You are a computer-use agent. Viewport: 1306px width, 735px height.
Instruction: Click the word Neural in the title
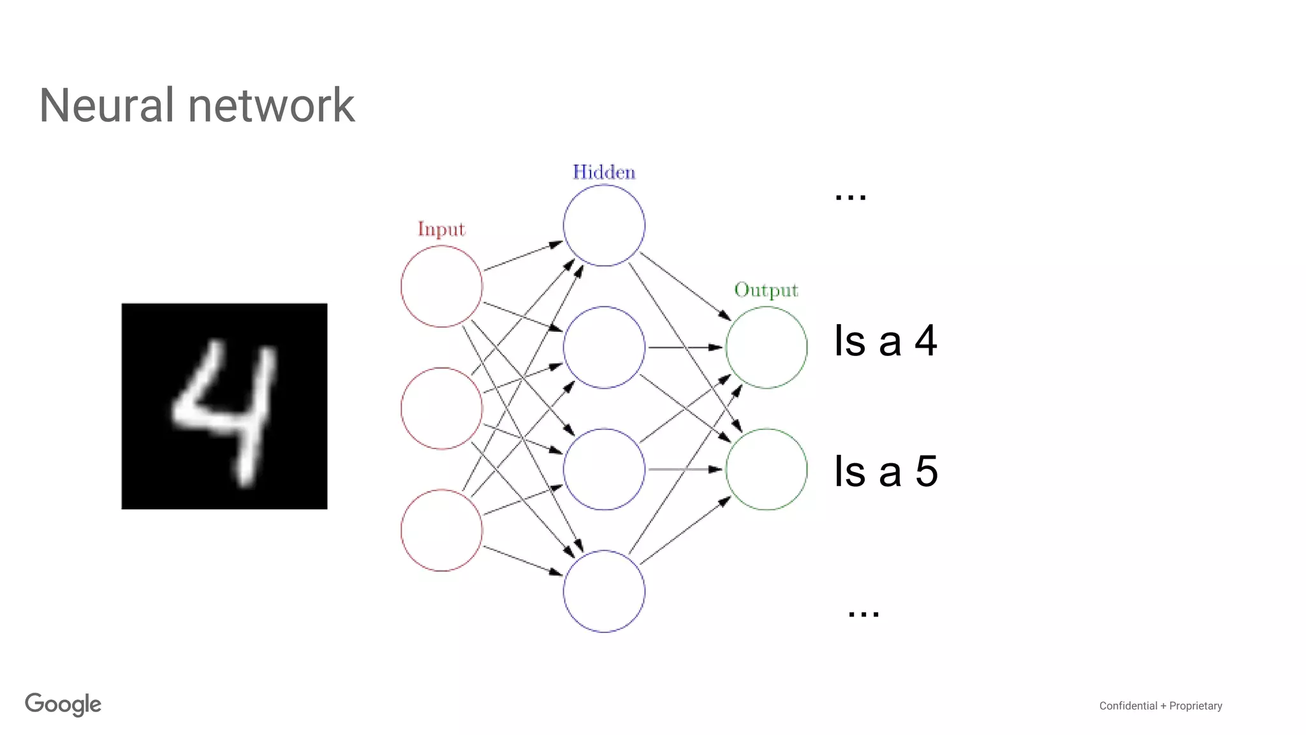[x=106, y=105]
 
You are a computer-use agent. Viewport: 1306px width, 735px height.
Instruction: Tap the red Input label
[x=441, y=229]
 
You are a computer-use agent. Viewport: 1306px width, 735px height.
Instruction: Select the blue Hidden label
[x=604, y=172]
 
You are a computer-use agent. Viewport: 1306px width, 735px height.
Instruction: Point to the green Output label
[x=766, y=290]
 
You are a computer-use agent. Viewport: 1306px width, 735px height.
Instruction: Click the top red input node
[x=441, y=286]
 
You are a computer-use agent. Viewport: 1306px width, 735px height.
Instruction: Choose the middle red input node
[x=441, y=408]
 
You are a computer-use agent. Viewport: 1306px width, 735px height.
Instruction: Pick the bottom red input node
[x=441, y=530]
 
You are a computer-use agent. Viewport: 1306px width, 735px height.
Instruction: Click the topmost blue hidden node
[x=604, y=225]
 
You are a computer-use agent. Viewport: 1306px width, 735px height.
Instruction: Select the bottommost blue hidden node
[x=604, y=591]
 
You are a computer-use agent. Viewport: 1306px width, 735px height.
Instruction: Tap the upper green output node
[x=766, y=347]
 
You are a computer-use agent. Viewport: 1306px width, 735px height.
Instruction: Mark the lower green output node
[x=766, y=469]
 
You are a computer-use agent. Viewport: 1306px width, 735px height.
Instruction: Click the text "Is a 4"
[x=885, y=341]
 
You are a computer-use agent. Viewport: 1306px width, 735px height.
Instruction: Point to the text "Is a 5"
[x=886, y=471]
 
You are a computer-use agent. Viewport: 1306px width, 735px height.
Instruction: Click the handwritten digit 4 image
[x=224, y=406]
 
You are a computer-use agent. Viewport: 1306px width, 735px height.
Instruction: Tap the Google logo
[x=63, y=704]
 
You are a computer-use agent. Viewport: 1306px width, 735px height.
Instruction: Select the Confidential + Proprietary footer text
[x=1160, y=706]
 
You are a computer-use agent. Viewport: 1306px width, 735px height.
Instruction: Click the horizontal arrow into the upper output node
[x=685, y=347]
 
